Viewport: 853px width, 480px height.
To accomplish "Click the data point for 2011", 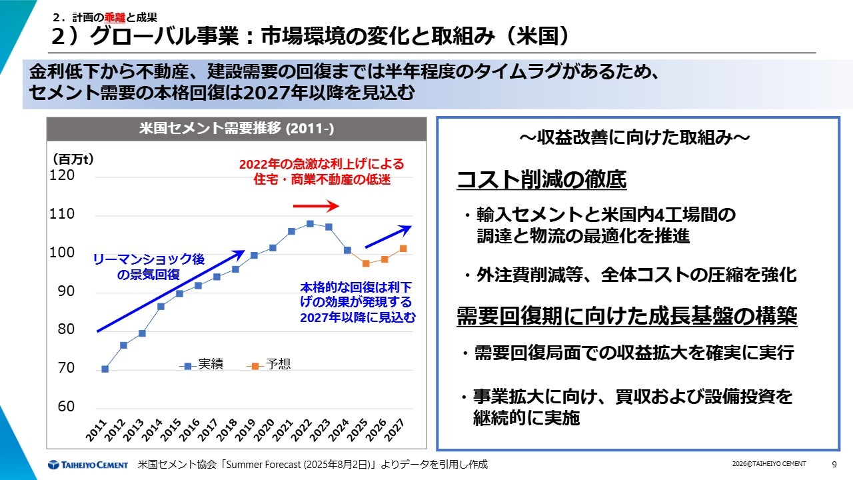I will click(x=105, y=369).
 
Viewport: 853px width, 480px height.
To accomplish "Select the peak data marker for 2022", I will click(x=310, y=223).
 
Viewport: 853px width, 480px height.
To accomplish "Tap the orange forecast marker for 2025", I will click(x=366, y=263).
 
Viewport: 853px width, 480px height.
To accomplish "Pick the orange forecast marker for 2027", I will click(x=403, y=249).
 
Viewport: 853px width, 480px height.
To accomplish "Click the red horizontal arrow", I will click(x=316, y=206).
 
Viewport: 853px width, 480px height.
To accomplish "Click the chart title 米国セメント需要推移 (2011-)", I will click(x=237, y=129).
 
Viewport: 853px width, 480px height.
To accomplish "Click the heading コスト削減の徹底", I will click(x=541, y=179).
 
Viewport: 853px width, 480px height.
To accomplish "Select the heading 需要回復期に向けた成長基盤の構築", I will click(x=626, y=316).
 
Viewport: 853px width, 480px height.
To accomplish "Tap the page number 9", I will click(x=834, y=464).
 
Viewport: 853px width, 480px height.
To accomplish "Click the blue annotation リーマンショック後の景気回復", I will click(x=148, y=266).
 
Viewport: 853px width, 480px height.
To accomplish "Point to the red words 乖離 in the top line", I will click(x=115, y=18).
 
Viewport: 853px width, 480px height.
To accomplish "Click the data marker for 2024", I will click(x=347, y=250).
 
